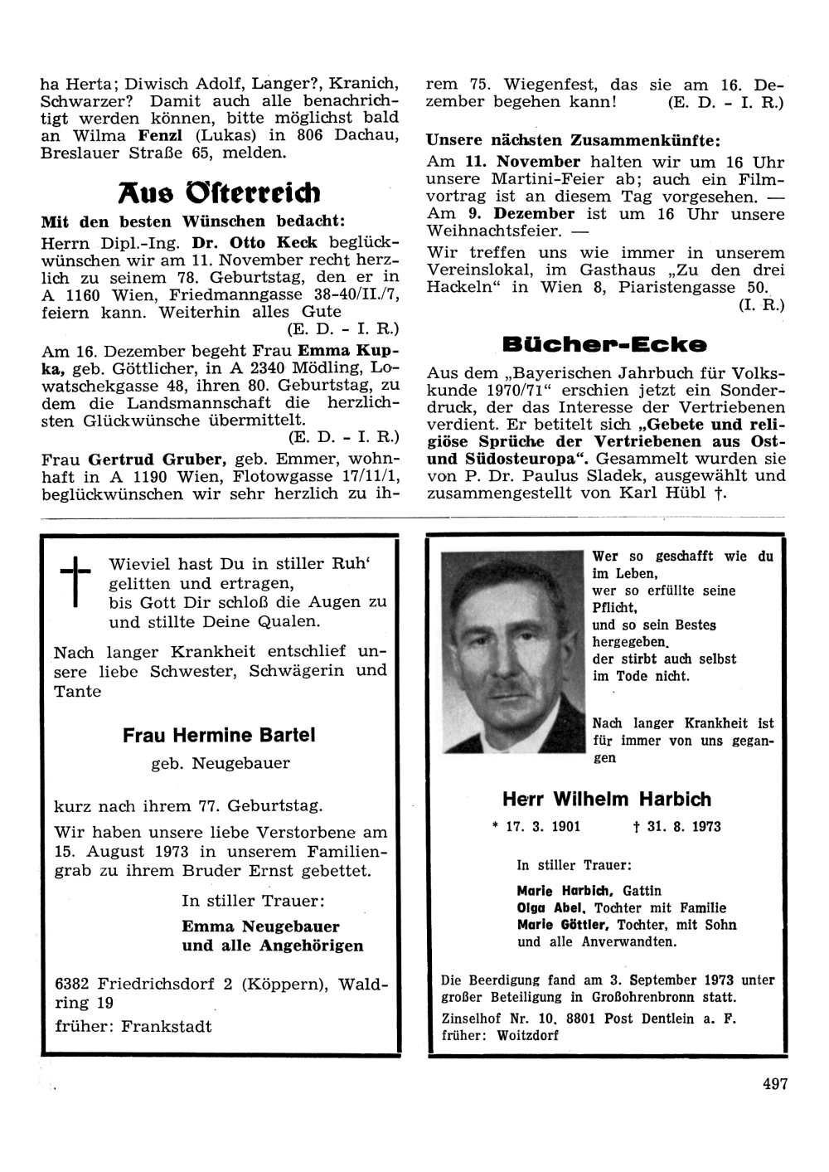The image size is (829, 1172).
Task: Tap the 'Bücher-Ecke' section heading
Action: [x=604, y=343]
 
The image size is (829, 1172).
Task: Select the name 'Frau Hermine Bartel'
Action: [x=219, y=735]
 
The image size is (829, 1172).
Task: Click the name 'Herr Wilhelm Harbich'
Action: [x=607, y=800]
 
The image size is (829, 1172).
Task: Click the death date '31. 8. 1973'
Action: [x=671, y=827]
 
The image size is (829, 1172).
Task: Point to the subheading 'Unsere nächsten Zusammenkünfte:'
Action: [x=573, y=139]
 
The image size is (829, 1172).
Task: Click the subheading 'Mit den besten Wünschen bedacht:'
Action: [x=191, y=221]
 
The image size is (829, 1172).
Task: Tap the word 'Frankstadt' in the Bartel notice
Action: [x=166, y=1026]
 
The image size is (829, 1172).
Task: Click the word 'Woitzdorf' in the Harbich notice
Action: [x=528, y=1035]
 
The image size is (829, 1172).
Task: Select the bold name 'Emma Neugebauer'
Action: [x=261, y=926]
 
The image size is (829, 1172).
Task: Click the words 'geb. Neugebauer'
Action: [x=221, y=763]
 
